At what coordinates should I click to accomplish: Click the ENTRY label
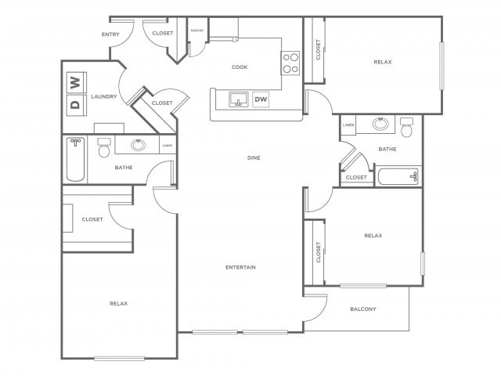[x=110, y=34]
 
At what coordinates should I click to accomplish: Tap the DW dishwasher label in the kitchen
[x=261, y=99]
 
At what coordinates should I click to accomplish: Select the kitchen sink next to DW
[x=238, y=99]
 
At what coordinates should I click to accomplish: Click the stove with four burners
[x=290, y=63]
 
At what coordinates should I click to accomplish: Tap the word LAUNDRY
[x=104, y=97]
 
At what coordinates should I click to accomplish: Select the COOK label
[x=240, y=67]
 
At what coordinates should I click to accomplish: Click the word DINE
[x=253, y=158]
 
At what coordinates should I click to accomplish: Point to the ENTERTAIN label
[x=241, y=268]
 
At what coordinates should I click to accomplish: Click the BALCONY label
[x=362, y=309]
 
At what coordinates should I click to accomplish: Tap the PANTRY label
[x=197, y=31]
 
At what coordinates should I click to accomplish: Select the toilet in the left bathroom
[x=103, y=149]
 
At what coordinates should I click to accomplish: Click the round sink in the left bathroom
[x=139, y=145]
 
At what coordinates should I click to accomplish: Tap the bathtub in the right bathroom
[x=398, y=176]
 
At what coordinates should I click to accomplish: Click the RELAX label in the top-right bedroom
[x=383, y=62]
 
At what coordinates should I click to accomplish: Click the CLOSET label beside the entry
[x=163, y=34]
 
